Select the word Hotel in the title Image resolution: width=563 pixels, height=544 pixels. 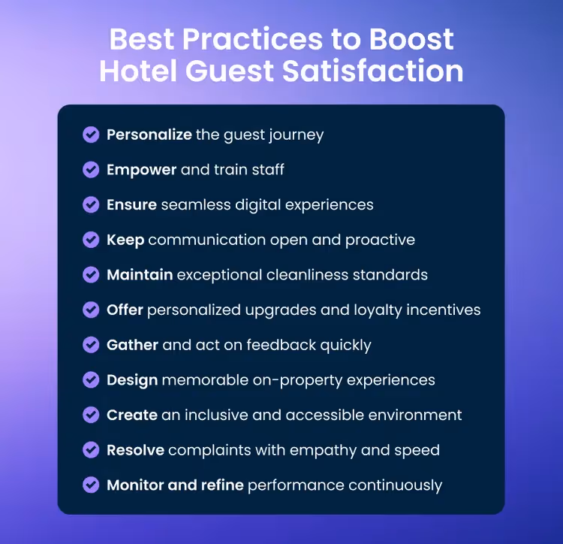138,71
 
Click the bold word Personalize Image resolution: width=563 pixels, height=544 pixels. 149,135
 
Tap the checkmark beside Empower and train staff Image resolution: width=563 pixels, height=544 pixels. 91,170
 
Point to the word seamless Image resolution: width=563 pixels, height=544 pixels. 191,204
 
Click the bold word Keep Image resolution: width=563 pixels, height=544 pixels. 125,240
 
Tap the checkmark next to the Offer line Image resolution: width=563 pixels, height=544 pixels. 91,310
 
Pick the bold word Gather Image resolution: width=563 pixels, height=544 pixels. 132,345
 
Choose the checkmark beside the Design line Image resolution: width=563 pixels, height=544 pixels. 91,380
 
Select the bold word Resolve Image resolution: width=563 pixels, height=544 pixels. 135,450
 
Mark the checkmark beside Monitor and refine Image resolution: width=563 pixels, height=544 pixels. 91,485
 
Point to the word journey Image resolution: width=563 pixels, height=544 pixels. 298,136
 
